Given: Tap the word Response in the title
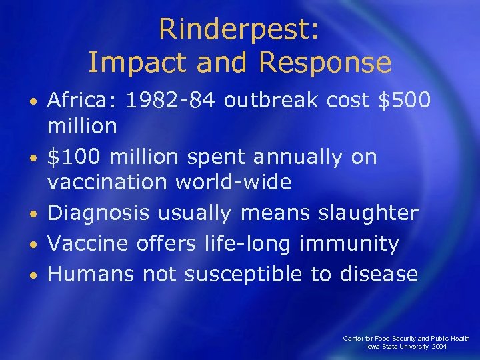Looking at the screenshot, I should click(325, 63).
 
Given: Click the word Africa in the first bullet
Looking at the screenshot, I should click(80, 101).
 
